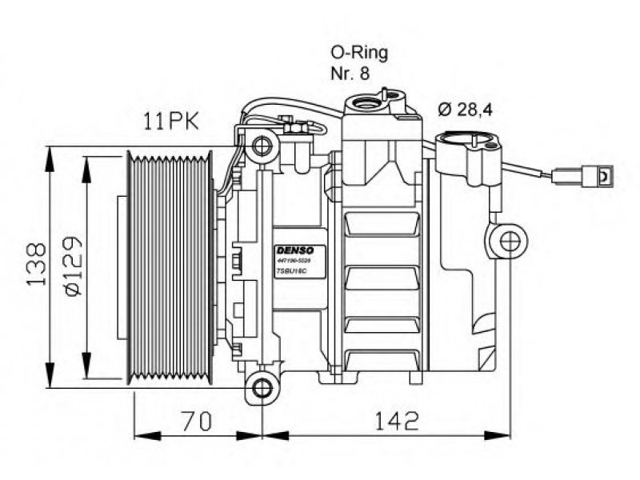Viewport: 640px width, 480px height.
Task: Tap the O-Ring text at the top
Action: [359, 54]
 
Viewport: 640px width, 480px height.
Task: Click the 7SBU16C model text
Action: [290, 272]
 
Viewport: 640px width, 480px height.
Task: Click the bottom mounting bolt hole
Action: [262, 389]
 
